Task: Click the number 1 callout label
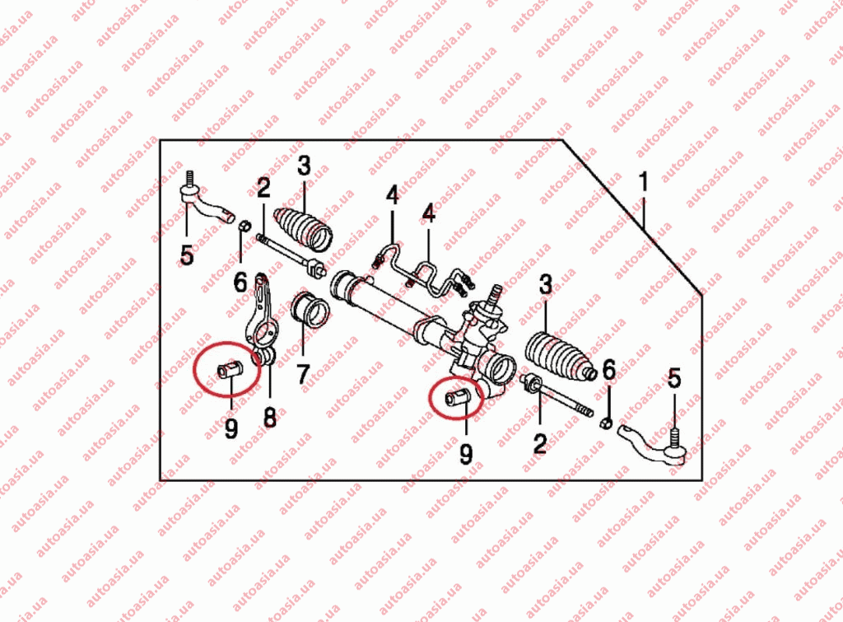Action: (x=644, y=182)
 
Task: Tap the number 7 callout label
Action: (x=303, y=374)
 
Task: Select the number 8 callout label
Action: (x=270, y=417)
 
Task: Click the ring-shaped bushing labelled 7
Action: (x=310, y=311)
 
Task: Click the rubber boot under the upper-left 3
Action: (x=305, y=229)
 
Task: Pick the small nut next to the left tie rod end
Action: (x=244, y=226)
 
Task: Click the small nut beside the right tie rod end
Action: (x=605, y=423)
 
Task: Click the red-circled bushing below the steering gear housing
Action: (x=458, y=398)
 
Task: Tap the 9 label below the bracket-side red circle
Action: (x=231, y=428)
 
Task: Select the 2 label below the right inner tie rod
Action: (x=540, y=444)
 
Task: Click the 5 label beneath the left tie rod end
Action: (x=187, y=255)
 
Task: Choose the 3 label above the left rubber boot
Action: (x=305, y=166)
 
